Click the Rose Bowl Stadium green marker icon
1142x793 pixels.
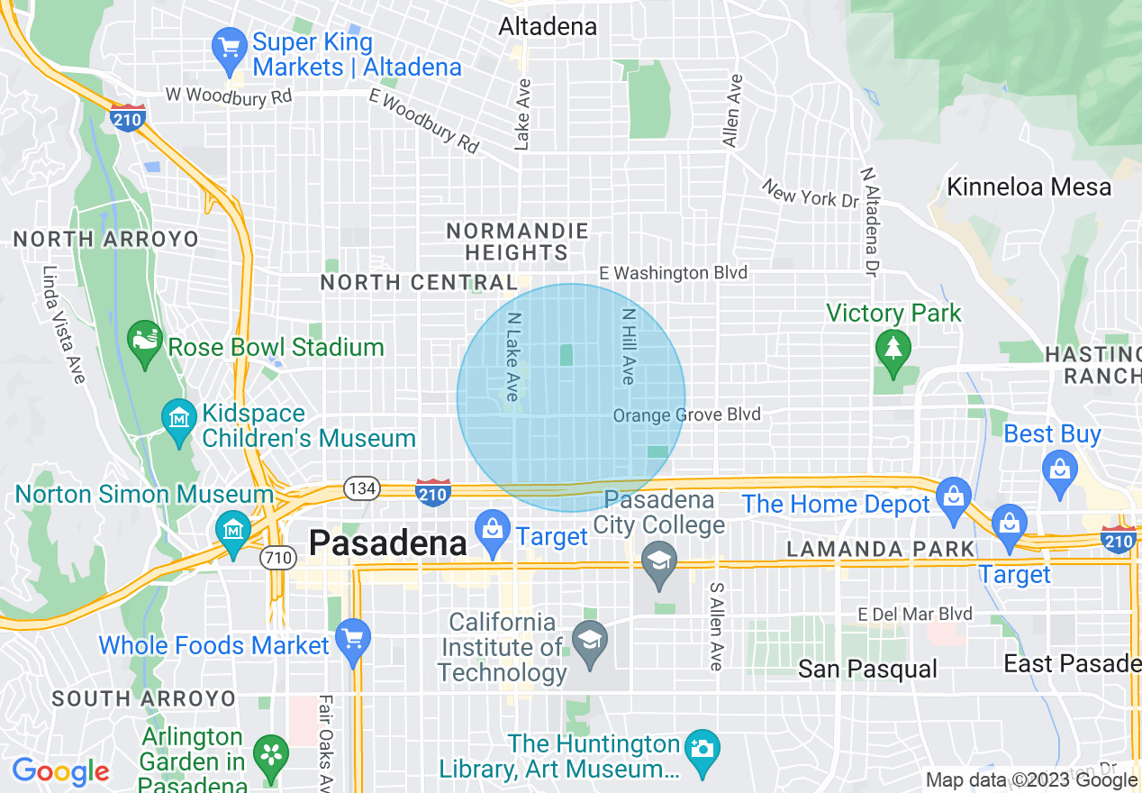pyautogui.click(x=146, y=344)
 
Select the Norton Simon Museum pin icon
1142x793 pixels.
pyautogui.click(x=233, y=526)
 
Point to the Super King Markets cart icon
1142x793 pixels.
pyautogui.click(x=229, y=48)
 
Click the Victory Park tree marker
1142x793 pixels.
pyautogui.click(x=893, y=351)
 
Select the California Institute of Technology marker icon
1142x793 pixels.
pyautogui.click(x=590, y=643)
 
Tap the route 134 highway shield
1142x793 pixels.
pyautogui.click(x=362, y=489)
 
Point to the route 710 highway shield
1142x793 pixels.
pyautogui.click(x=277, y=558)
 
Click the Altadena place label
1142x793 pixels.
pyautogui.click(x=548, y=27)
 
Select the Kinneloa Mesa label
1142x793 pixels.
pyautogui.click(x=1029, y=187)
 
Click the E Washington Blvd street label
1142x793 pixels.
pyautogui.click(x=673, y=272)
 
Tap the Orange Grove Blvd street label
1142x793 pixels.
pyautogui.click(x=686, y=415)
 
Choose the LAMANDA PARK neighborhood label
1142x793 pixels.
pyautogui.click(x=880, y=549)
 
